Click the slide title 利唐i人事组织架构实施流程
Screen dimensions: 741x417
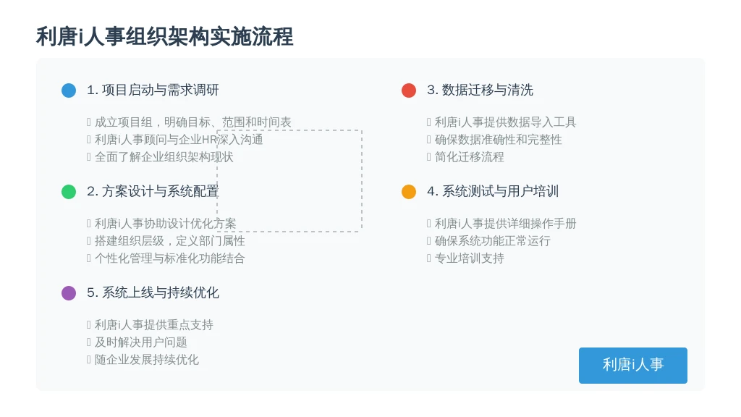pyautogui.click(x=164, y=36)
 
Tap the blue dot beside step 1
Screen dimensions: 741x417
pyautogui.click(x=69, y=90)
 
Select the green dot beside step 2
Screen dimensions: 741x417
pyautogui.click(x=69, y=191)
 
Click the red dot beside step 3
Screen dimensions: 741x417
pyautogui.click(x=409, y=90)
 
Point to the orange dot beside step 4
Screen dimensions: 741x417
pyautogui.click(x=409, y=191)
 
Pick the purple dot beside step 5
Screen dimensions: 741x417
pyautogui.click(x=69, y=293)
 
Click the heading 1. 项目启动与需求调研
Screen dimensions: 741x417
pyautogui.click(x=153, y=90)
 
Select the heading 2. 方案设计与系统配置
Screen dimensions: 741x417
pyautogui.click(x=153, y=191)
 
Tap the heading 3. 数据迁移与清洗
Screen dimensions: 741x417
pyautogui.click(x=480, y=90)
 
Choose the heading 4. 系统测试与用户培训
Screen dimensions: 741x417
pyautogui.click(x=493, y=191)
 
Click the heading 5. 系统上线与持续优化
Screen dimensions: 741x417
pyautogui.click(x=153, y=292)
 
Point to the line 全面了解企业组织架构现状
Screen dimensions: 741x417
pyautogui.click(x=164, y=157)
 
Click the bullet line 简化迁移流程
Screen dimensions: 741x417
pyautogui.click(x=469, y=157)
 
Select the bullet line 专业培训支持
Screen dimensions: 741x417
pyautogui.click(x=469, y=258)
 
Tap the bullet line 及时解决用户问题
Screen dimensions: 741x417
pyautogui.click(x=141, y=342)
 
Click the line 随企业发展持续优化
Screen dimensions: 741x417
pyautogui.click(x=146, y=359)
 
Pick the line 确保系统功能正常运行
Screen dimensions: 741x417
pyautogui.click(x=492, y=240)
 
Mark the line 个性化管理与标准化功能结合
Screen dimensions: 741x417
pyautogui.click(x=169, y=258)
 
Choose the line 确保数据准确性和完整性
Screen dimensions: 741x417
pyautogui.click(x=498, y=140)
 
